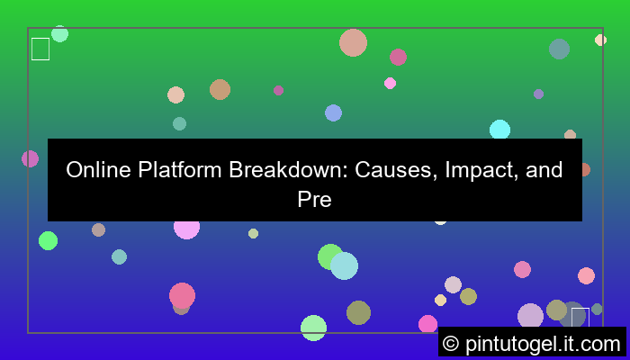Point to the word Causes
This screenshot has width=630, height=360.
[391, 170]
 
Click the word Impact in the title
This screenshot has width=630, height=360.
[479, 170]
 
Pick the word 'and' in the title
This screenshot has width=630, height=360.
[545, 170]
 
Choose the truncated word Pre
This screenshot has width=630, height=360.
[315, 199]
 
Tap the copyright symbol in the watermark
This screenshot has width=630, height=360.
[451, 343]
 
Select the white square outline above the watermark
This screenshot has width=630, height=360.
[580, 317]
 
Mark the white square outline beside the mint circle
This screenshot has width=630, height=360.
[40, 49]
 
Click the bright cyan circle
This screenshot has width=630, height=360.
[499, 130]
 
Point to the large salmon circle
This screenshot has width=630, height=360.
[353, 42]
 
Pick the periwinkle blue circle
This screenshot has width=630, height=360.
[333, 112]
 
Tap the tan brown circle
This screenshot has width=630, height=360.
[220, 89]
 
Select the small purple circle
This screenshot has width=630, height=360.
[538, 94]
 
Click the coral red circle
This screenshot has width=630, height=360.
[182, 295]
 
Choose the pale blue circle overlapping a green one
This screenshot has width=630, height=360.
[344, 265]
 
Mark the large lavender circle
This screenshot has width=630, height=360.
[531, 317]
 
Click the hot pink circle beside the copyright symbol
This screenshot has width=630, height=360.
[427, 324]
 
